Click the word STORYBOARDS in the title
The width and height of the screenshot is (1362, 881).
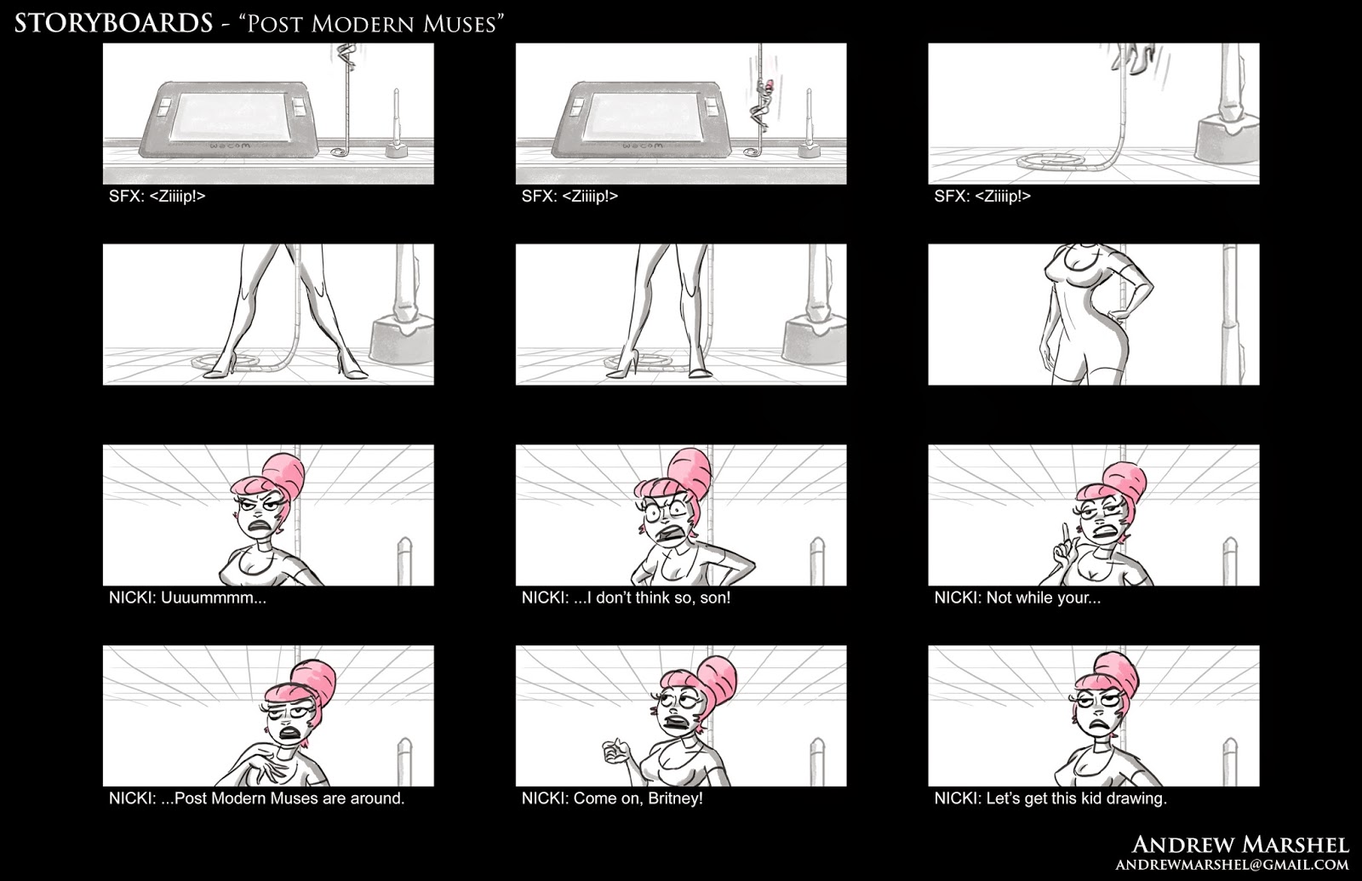114,23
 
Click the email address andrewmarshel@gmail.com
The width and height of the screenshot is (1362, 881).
1232,865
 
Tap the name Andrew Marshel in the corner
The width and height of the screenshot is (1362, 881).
1240,844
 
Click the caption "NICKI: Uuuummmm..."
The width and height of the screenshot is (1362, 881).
187,598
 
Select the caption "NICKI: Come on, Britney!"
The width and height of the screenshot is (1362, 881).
612,798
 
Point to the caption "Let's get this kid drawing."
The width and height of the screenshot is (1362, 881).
1076,798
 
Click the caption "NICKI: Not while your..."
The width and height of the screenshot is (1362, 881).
1017,598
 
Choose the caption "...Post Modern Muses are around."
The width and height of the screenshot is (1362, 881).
283,798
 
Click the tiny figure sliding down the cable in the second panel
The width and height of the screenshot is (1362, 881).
761,106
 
